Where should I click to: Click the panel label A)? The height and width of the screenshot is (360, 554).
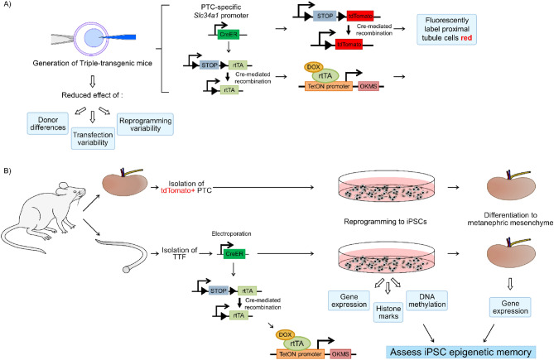pyautogui.click(x=7, y=7)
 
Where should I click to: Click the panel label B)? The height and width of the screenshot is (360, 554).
pyautogui.click(x=7, y=173)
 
